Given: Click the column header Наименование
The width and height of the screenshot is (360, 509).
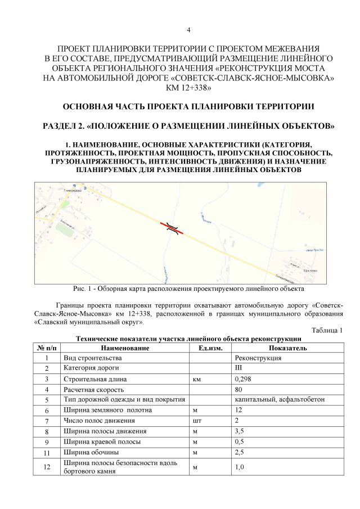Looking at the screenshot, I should (125, 348).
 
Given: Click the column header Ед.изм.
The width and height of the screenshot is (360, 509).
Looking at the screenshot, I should (210, 348).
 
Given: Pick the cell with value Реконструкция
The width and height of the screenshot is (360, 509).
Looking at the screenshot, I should (258, 358).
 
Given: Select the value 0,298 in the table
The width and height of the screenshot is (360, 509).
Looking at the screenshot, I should (243, 379).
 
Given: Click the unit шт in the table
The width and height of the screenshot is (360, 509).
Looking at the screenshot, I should (196, 421).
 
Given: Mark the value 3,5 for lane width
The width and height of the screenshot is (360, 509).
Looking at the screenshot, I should (240, 431).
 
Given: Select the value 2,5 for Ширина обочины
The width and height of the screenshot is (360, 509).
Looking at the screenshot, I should (240, 452).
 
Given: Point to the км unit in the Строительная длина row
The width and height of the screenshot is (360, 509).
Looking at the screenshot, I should (197, 379).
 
